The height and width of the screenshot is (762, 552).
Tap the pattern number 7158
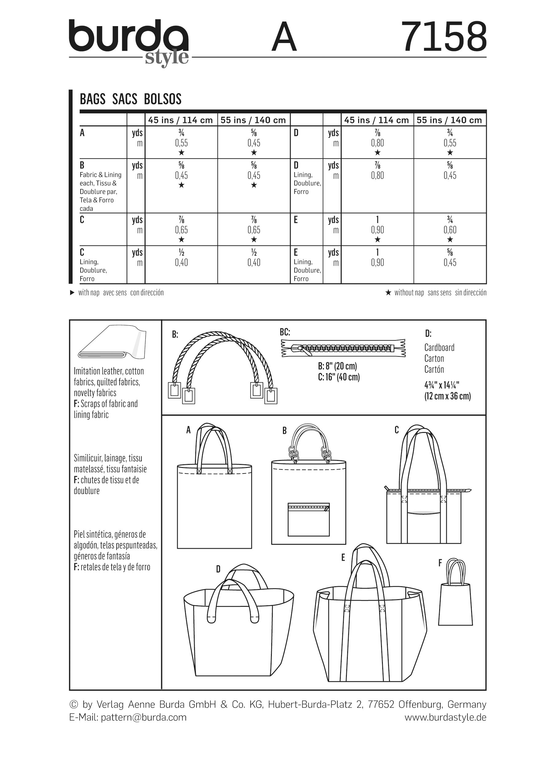444,37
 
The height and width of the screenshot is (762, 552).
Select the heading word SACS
125,99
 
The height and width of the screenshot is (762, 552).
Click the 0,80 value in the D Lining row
377,175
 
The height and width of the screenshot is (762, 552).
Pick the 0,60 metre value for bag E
450,230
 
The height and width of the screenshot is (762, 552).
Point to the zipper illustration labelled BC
343,348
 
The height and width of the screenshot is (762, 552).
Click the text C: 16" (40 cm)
339,377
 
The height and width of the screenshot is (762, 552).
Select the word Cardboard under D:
439,348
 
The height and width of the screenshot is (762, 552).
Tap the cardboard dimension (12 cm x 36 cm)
447,396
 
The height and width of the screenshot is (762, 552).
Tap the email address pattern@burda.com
144,717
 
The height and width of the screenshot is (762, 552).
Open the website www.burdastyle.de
445,717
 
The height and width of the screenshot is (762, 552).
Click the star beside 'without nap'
388,293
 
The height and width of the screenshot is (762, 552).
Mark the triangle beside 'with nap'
72,293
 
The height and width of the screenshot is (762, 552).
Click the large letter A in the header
284,37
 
